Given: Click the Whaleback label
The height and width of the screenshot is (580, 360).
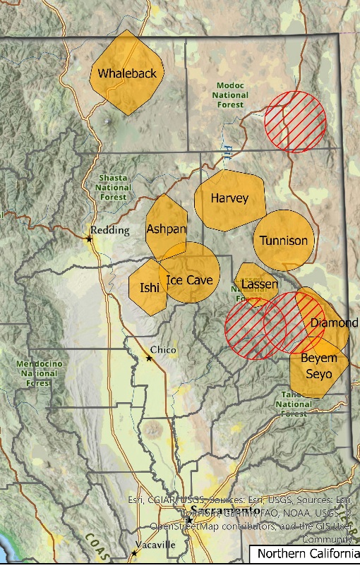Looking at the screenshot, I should coord(127,73).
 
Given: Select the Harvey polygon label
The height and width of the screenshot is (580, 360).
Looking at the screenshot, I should coord(229,199).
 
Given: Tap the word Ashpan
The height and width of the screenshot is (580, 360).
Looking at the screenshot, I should coord(167,229).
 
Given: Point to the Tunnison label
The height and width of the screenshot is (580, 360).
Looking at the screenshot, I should coord(284,241).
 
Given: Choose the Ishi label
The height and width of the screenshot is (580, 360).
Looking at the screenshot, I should coord(150,287).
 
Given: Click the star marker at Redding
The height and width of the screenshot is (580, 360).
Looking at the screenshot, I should coord(90,239).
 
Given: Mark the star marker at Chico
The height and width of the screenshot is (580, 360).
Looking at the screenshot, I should coord(149,358).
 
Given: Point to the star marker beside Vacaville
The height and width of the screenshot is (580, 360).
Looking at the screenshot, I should coord(135,552).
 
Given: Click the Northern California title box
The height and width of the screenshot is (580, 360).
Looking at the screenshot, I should coord(304,554).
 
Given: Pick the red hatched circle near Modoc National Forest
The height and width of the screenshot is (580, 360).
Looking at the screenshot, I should coord(295,122).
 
